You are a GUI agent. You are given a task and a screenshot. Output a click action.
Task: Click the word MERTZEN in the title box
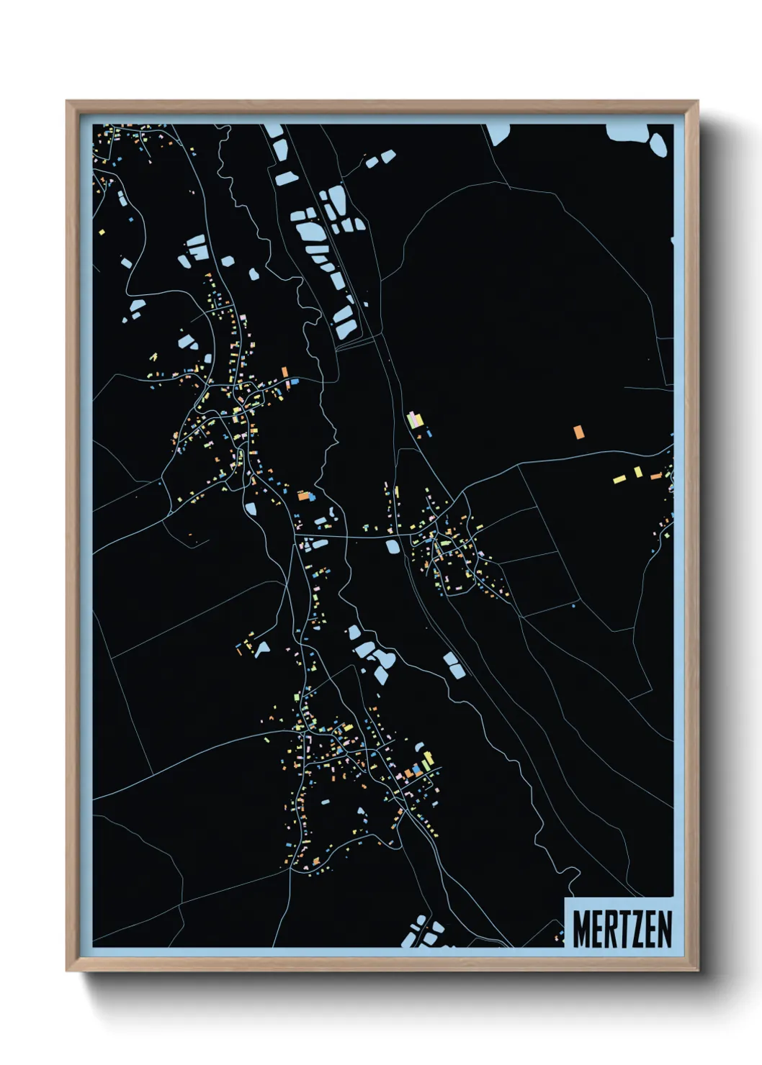pyautogui.click(x=622, y=929)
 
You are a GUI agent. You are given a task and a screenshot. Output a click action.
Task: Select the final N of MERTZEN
pyautogui.click(x=665, y=929)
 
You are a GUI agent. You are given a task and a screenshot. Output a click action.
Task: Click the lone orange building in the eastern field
pyautogui.click(x=578, y=432)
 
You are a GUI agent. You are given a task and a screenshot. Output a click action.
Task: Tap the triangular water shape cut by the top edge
pyautogui.click(x=498, y=134)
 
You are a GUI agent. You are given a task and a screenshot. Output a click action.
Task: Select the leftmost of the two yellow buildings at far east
pyautogui.click(x=619, y=479)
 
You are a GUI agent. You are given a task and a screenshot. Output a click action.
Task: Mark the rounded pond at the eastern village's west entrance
pyautogui.click(x=393, y=546)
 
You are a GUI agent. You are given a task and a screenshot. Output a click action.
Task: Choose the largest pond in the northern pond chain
pyautogui.click(x=310, y=232)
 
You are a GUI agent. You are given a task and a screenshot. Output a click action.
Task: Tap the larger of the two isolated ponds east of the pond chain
pyautogui.click(x=388, y=155)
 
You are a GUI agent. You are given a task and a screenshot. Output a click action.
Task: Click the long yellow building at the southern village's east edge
pyautogui.click(x=429, y=760)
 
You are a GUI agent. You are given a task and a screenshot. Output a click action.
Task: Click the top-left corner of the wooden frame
pyautogui.click(x=67, y=101)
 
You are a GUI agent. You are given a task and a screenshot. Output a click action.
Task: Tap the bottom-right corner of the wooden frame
pyautogui.click(x=697, y=971)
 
